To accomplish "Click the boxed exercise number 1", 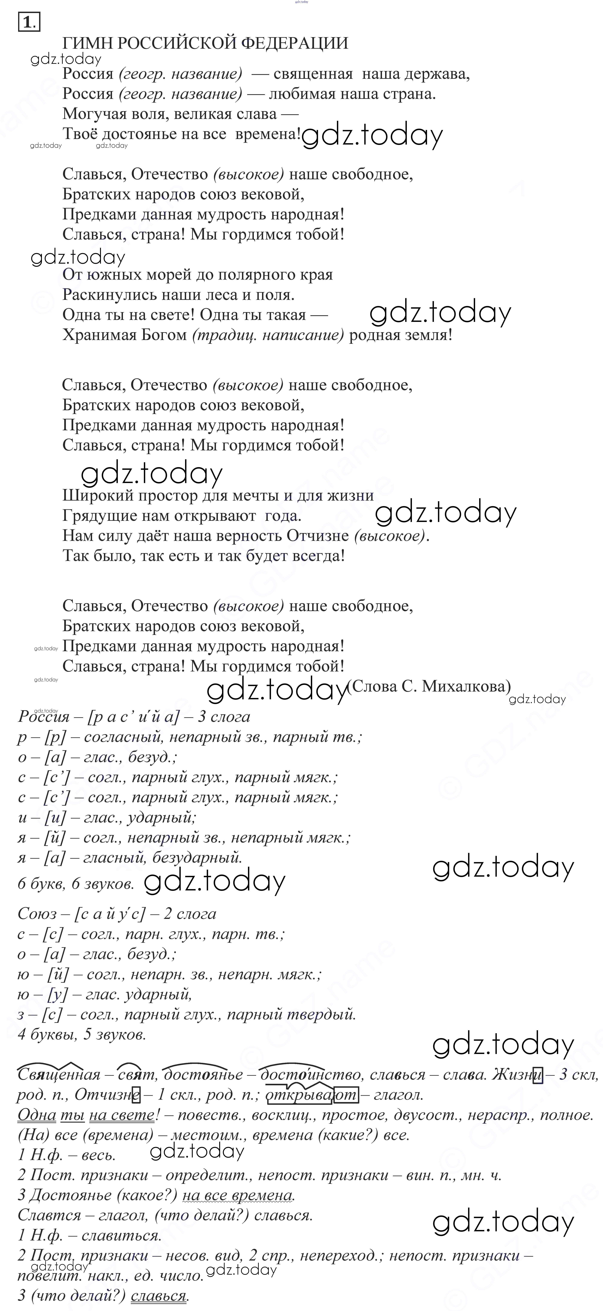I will point(28,22).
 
